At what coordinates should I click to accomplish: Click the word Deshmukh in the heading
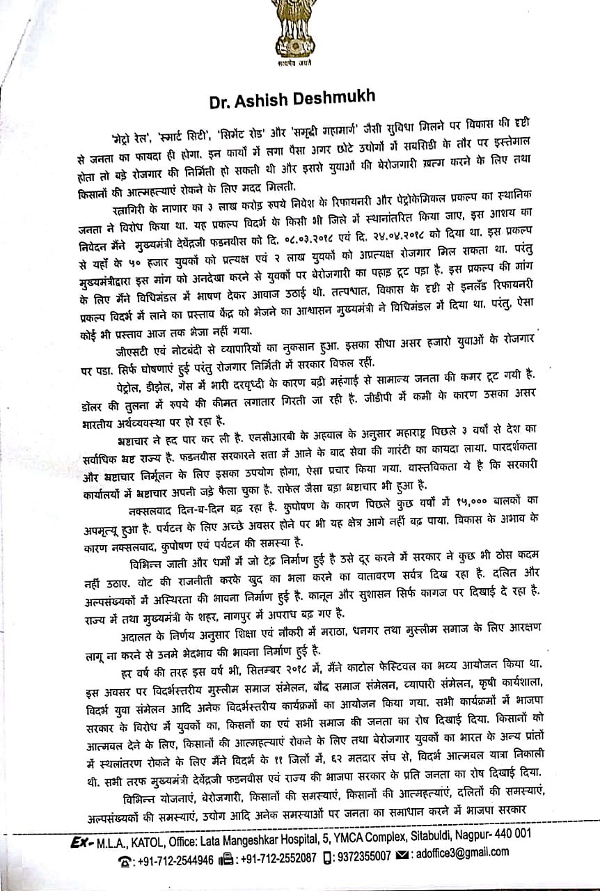(x=336, y=100)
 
